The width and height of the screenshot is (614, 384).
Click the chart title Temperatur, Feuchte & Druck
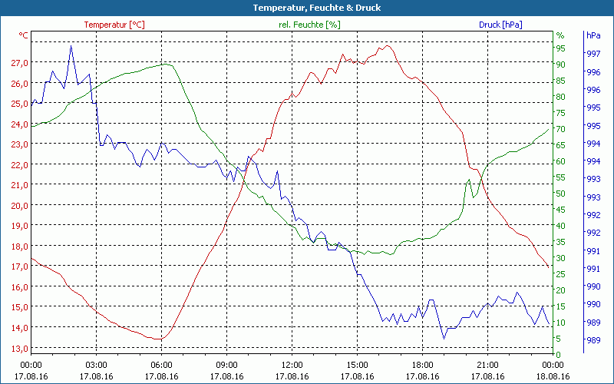pyautogui.click(x=306, y=8)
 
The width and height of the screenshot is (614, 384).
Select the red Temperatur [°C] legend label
pyautogui.click(x=114, y=25)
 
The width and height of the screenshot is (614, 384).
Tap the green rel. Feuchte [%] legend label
pyautogui.click(x=309, y=25)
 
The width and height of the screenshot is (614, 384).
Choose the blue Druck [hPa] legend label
pyautogui.click(x=500, y=25)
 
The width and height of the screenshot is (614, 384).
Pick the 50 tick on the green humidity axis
pyautogui.click(x=560, y=194)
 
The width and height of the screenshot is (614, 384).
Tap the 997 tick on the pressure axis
pyautogui.click(x=593, y=54)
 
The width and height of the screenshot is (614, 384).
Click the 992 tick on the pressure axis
pyautogui.click(x=593, y=233)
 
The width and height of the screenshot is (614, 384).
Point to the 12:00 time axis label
pyautogui.click(x=292, y=365)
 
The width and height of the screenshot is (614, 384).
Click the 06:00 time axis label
pyautogui.click(x=162, y=365)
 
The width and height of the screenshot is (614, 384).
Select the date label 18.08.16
pyautogui.click(x=553, y=376)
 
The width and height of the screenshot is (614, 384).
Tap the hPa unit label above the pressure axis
pyautogui.click(x=593, y=35)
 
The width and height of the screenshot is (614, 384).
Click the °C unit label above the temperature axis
pyautogui.click(x=24, y=35)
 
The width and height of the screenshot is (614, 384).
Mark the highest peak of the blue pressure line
pyautogui.click(x=71, y=45)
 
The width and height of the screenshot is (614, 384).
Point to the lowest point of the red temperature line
pyautogui.click(x=160, y=339)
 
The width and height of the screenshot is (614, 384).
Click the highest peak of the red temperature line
pyautogui.click(x=388, y=45)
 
